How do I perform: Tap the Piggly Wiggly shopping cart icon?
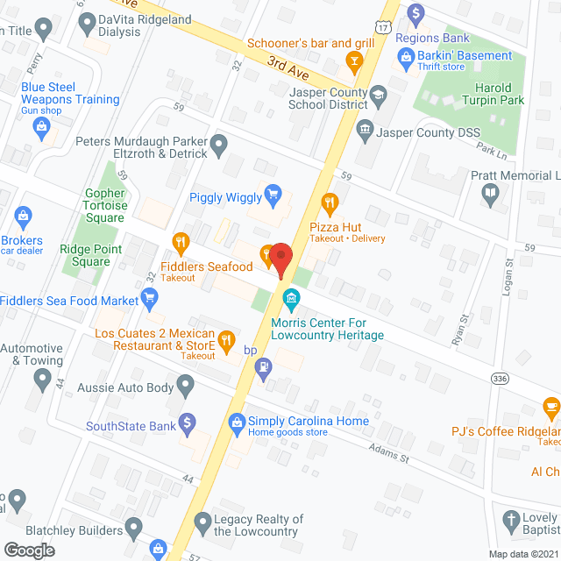(273, 194)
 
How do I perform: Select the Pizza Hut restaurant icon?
(330, 204)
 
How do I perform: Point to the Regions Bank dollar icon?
(416, 12)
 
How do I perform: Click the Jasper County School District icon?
(378, 95)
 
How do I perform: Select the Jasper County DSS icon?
(364, 131)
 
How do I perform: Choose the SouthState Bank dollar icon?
(186, 422)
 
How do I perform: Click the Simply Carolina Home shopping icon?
(236, 423)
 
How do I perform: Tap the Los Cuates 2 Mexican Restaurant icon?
(226, 339)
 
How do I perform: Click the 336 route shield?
(500, 378)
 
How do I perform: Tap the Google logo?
(28, 550)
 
